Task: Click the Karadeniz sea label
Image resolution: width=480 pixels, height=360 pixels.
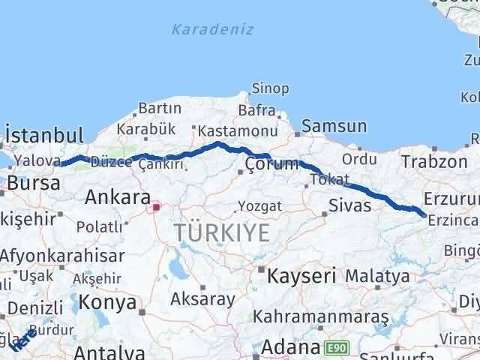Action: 212,30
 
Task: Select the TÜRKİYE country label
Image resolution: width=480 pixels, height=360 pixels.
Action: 221,232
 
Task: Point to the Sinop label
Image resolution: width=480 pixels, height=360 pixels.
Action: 270,88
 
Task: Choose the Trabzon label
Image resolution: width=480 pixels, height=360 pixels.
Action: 433,161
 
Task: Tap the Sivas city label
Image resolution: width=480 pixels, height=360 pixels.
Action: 349,204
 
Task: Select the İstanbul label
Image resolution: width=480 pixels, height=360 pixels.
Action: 43,136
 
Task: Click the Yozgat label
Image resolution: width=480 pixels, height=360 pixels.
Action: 259,205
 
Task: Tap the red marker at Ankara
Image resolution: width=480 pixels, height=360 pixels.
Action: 156,207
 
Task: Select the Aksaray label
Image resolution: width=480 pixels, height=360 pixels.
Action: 202,298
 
